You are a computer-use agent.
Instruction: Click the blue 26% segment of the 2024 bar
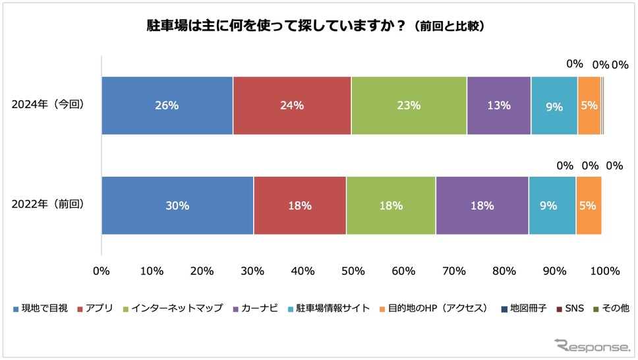click(x=167, y=105)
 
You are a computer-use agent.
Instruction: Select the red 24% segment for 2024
click(x=292, y=105)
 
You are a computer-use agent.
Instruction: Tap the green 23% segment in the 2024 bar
click(x=409, y=105)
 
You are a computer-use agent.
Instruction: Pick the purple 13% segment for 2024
click(x=499, y=105)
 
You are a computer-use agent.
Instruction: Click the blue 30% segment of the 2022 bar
click(x=177, y=206)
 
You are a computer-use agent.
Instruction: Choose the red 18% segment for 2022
click(x=300, y=206)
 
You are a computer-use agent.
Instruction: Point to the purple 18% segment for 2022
click(x=482, y=206)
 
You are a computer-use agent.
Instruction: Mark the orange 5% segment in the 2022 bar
click(x=589, y=206)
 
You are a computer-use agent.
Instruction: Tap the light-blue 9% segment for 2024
click(x=554, y=105)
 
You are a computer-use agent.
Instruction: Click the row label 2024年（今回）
click(x=49, y=105)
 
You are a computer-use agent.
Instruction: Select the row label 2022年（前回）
click(x=49, y=205)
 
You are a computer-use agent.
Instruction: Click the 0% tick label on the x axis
click(x=101, y=270)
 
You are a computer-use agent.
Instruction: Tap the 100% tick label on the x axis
click(x=604, y=270)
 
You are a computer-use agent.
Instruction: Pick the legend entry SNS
click(x=565, y=308)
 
